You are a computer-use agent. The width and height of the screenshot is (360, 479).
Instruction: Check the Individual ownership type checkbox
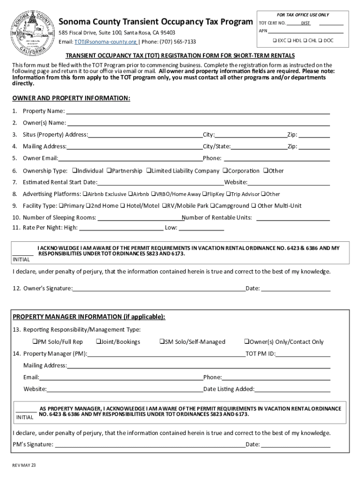74,171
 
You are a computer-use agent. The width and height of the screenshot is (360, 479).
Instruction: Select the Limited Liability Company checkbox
148,171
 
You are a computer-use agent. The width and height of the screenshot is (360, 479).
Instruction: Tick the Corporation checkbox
225,171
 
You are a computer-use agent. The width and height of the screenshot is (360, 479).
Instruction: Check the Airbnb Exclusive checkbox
85,194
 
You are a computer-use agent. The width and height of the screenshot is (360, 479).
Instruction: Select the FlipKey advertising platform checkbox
204,194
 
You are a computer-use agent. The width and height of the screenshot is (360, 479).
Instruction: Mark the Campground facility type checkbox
212,206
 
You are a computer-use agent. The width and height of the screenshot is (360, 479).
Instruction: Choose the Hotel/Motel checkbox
122,206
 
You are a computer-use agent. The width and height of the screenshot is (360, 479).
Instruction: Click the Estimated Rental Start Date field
160,182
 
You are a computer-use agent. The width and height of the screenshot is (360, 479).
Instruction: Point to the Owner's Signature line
159,288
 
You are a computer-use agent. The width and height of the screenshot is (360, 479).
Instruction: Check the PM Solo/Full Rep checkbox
35,342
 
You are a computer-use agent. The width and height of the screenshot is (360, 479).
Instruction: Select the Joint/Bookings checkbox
98,342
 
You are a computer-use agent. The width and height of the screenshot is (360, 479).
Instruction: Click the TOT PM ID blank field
303,354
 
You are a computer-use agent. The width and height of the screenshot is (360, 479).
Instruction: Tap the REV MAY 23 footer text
24,465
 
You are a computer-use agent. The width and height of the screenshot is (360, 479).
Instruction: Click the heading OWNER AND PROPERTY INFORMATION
71,98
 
